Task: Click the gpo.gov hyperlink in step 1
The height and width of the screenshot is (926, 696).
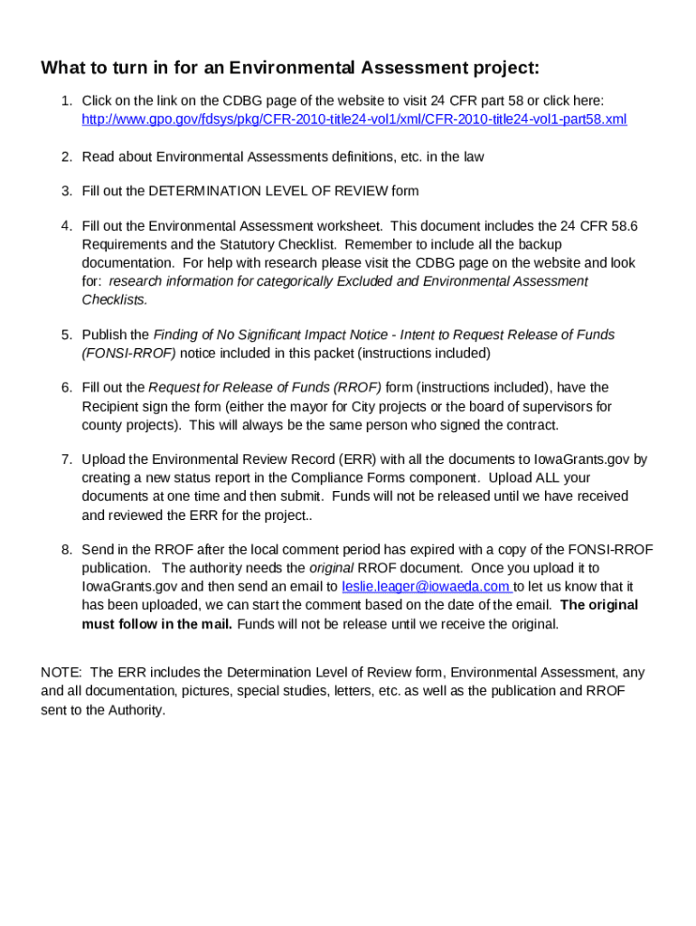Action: (354, 119)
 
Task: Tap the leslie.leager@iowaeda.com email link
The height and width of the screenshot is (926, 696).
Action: (426, 587)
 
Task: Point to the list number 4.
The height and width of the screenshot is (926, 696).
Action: (67, 226)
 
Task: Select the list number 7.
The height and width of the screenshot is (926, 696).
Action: (67, 459)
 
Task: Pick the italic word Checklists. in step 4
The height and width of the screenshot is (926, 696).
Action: (115, 299)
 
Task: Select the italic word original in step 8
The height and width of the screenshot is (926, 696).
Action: (332, 568)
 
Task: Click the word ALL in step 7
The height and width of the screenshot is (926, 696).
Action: (548, 477)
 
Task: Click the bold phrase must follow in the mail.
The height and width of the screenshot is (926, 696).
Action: (157, 624)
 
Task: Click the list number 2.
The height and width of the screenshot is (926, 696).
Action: (67, 156)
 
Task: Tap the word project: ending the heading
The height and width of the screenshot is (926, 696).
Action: (504, 69)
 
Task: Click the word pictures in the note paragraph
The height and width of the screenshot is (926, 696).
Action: (204, 692)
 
